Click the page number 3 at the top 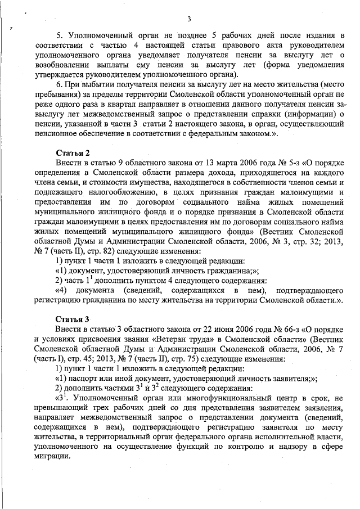pyautogui.click(x=189, y=20)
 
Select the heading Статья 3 pyautogui.click(x=73, y=319)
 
